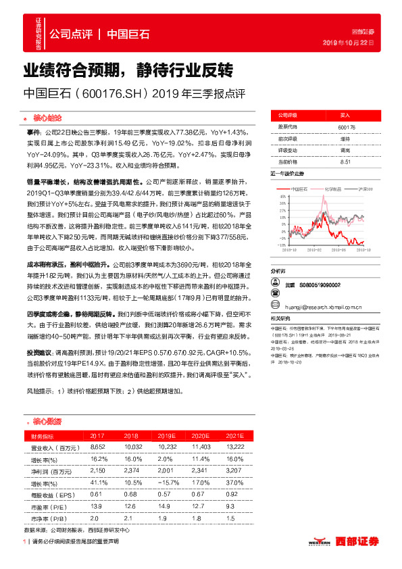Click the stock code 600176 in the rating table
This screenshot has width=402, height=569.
[346, 126]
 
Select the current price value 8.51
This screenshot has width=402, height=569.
[346, 162]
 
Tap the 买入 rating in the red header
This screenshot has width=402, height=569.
[346, 116]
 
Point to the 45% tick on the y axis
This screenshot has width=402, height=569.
[277, 196]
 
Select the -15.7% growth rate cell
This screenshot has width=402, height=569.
[166, 482]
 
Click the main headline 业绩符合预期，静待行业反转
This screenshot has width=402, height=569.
[128, 70]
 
